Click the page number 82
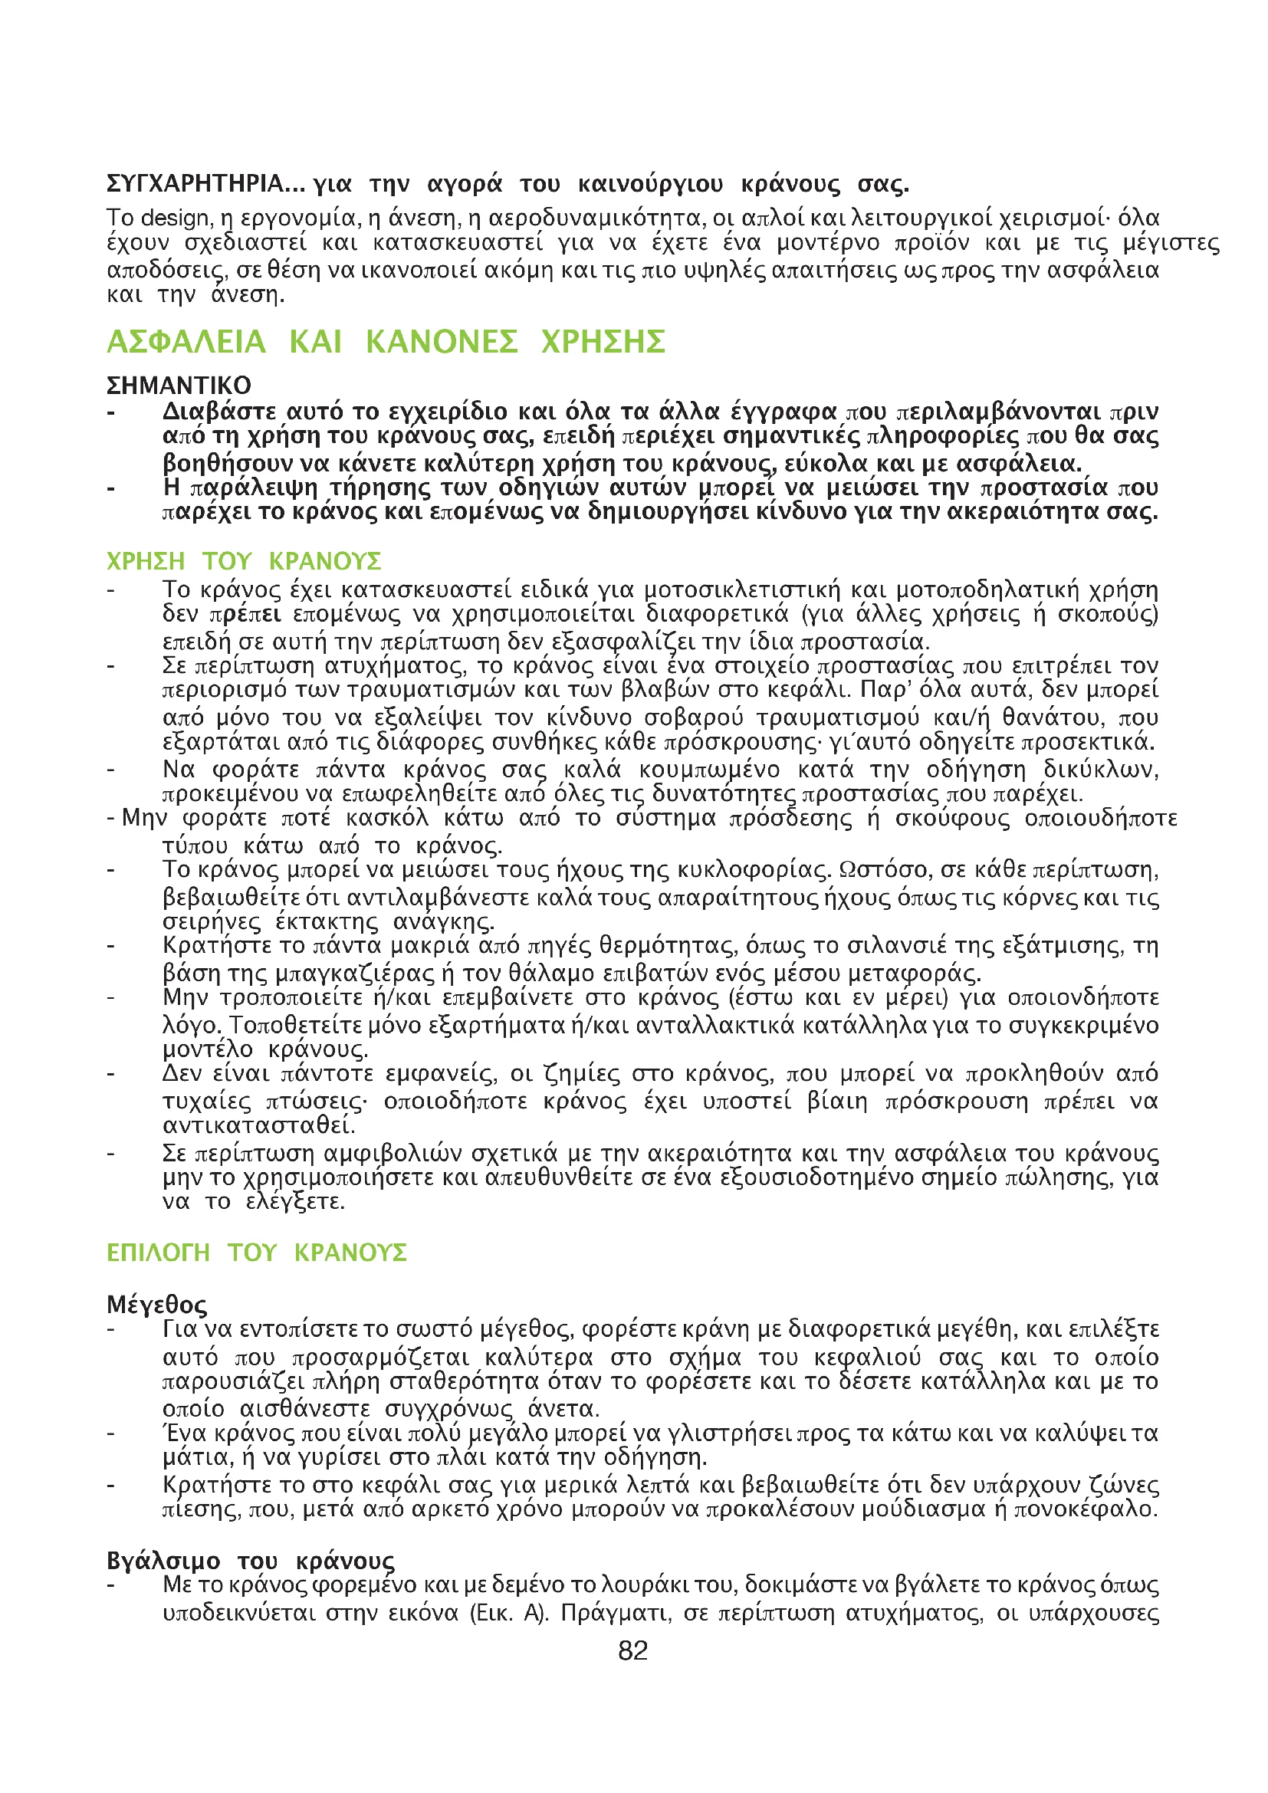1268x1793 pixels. point(632,1651)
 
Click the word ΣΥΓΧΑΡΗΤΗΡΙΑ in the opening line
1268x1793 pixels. point(195,184)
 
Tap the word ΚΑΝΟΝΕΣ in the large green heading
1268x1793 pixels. point(441,342)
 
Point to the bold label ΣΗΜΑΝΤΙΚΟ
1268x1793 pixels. point(179,385)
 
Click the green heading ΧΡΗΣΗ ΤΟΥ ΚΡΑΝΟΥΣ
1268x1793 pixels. point(244,560)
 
